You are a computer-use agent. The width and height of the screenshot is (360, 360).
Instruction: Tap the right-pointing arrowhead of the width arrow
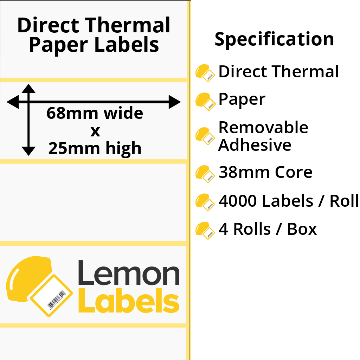tap(175, 102)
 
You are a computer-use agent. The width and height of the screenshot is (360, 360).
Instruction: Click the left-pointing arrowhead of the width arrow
tap(13, 102)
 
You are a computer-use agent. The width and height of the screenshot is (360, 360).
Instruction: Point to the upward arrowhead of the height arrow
tap(28, 89)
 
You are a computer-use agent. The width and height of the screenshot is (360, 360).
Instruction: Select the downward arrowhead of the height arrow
tap(28, 151)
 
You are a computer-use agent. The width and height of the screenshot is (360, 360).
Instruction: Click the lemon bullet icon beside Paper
tap(205, 102)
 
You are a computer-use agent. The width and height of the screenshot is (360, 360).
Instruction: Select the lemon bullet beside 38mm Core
tap(205, 174)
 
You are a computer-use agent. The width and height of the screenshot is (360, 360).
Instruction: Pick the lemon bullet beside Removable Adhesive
tap(205, 136)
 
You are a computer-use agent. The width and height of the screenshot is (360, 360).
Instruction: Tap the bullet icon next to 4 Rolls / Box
tap(205, 231)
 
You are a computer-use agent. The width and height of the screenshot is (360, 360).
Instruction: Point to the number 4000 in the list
tap(238, 201)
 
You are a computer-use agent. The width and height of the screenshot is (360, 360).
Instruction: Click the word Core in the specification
tap(294, 172)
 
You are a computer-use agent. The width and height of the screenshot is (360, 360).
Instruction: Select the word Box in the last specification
tap(302, 229)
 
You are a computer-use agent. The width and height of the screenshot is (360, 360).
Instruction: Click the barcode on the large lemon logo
tap(57, 300)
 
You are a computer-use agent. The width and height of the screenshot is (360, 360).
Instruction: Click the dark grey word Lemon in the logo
tap(129, 273)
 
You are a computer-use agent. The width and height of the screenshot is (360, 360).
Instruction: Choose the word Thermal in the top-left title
tap(128, 25)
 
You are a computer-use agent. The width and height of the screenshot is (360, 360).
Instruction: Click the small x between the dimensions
tap(95, 132)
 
